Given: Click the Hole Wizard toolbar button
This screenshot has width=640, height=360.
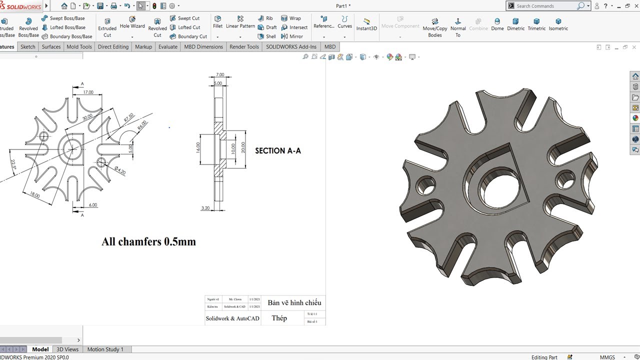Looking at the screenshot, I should [132, 22].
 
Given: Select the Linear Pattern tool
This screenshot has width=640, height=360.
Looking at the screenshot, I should [240, 22].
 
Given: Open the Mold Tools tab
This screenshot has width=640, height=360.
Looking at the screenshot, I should [79, 46].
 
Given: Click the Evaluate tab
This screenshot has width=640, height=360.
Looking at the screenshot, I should [167, 46].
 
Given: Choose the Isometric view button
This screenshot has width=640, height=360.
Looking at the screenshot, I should [558, 24].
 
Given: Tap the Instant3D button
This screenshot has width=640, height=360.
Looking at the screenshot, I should [366, 24].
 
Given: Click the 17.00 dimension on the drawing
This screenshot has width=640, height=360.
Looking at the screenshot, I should [88, 92].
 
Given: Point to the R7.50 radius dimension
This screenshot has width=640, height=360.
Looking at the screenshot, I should [128, 118].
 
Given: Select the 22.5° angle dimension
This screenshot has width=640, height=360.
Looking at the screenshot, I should [13, 164].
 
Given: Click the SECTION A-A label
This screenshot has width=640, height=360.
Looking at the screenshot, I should [278, 150].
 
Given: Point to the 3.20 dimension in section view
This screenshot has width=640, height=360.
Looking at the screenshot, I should [205, 208].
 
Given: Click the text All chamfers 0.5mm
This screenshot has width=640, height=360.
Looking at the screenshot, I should [148, 242].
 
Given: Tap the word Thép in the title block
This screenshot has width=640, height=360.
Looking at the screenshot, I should [279, 318].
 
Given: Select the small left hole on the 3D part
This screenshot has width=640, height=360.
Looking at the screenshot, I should [424, 185].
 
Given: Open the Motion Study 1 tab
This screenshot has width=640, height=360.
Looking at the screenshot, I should [105, 349].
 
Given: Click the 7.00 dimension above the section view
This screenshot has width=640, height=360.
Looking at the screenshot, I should [220, 75].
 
